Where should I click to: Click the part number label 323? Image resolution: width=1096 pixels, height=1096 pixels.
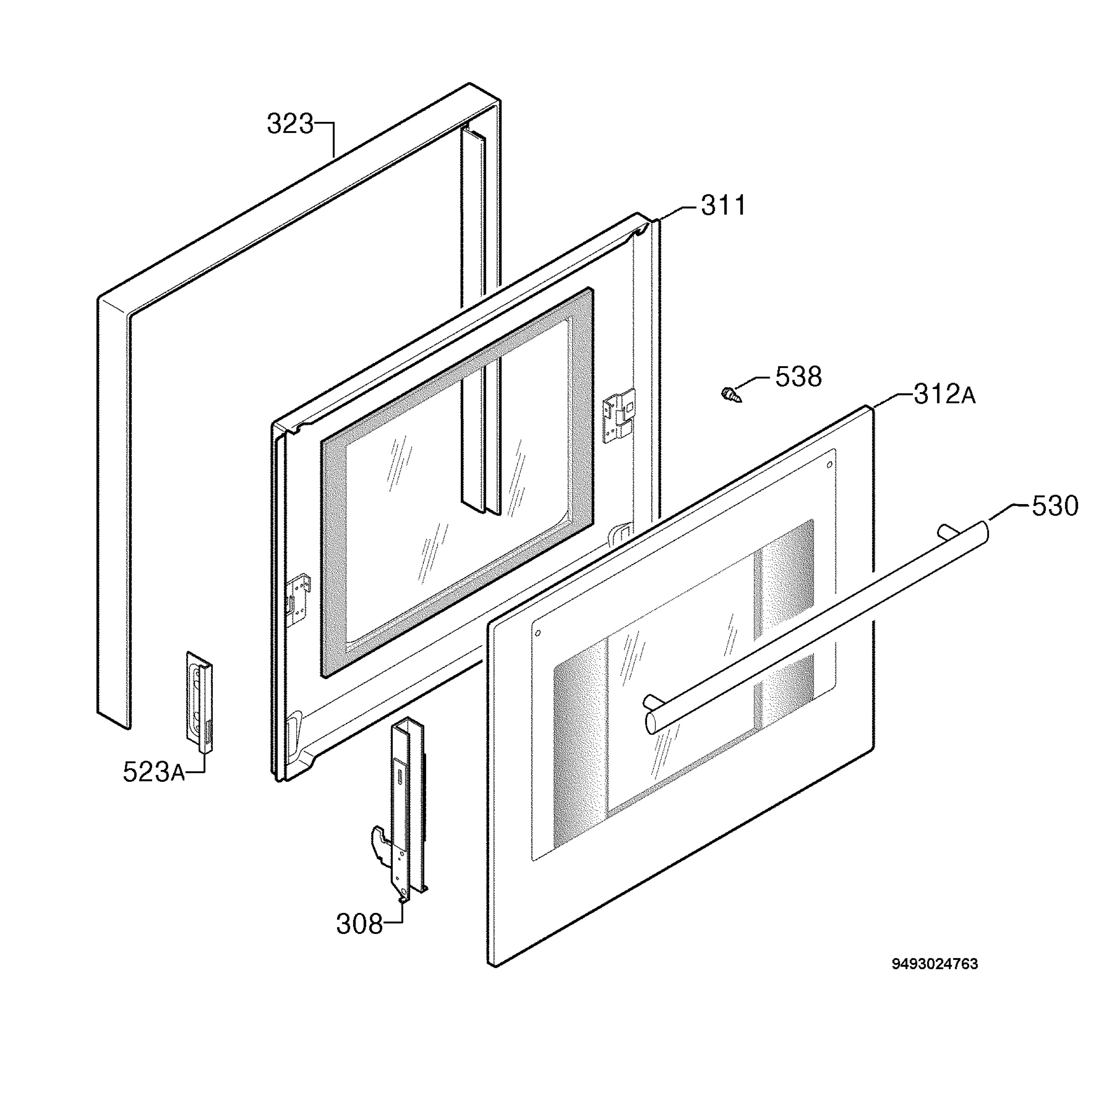pos(290,124)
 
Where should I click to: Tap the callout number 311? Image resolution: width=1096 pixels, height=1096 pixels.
pos(723,205)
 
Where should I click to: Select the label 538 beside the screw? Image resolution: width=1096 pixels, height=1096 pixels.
pos(798,377)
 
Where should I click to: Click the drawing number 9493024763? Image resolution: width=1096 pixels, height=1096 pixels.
pos(935,964)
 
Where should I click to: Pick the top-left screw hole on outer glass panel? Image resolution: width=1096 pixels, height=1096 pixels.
pos(538,632)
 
